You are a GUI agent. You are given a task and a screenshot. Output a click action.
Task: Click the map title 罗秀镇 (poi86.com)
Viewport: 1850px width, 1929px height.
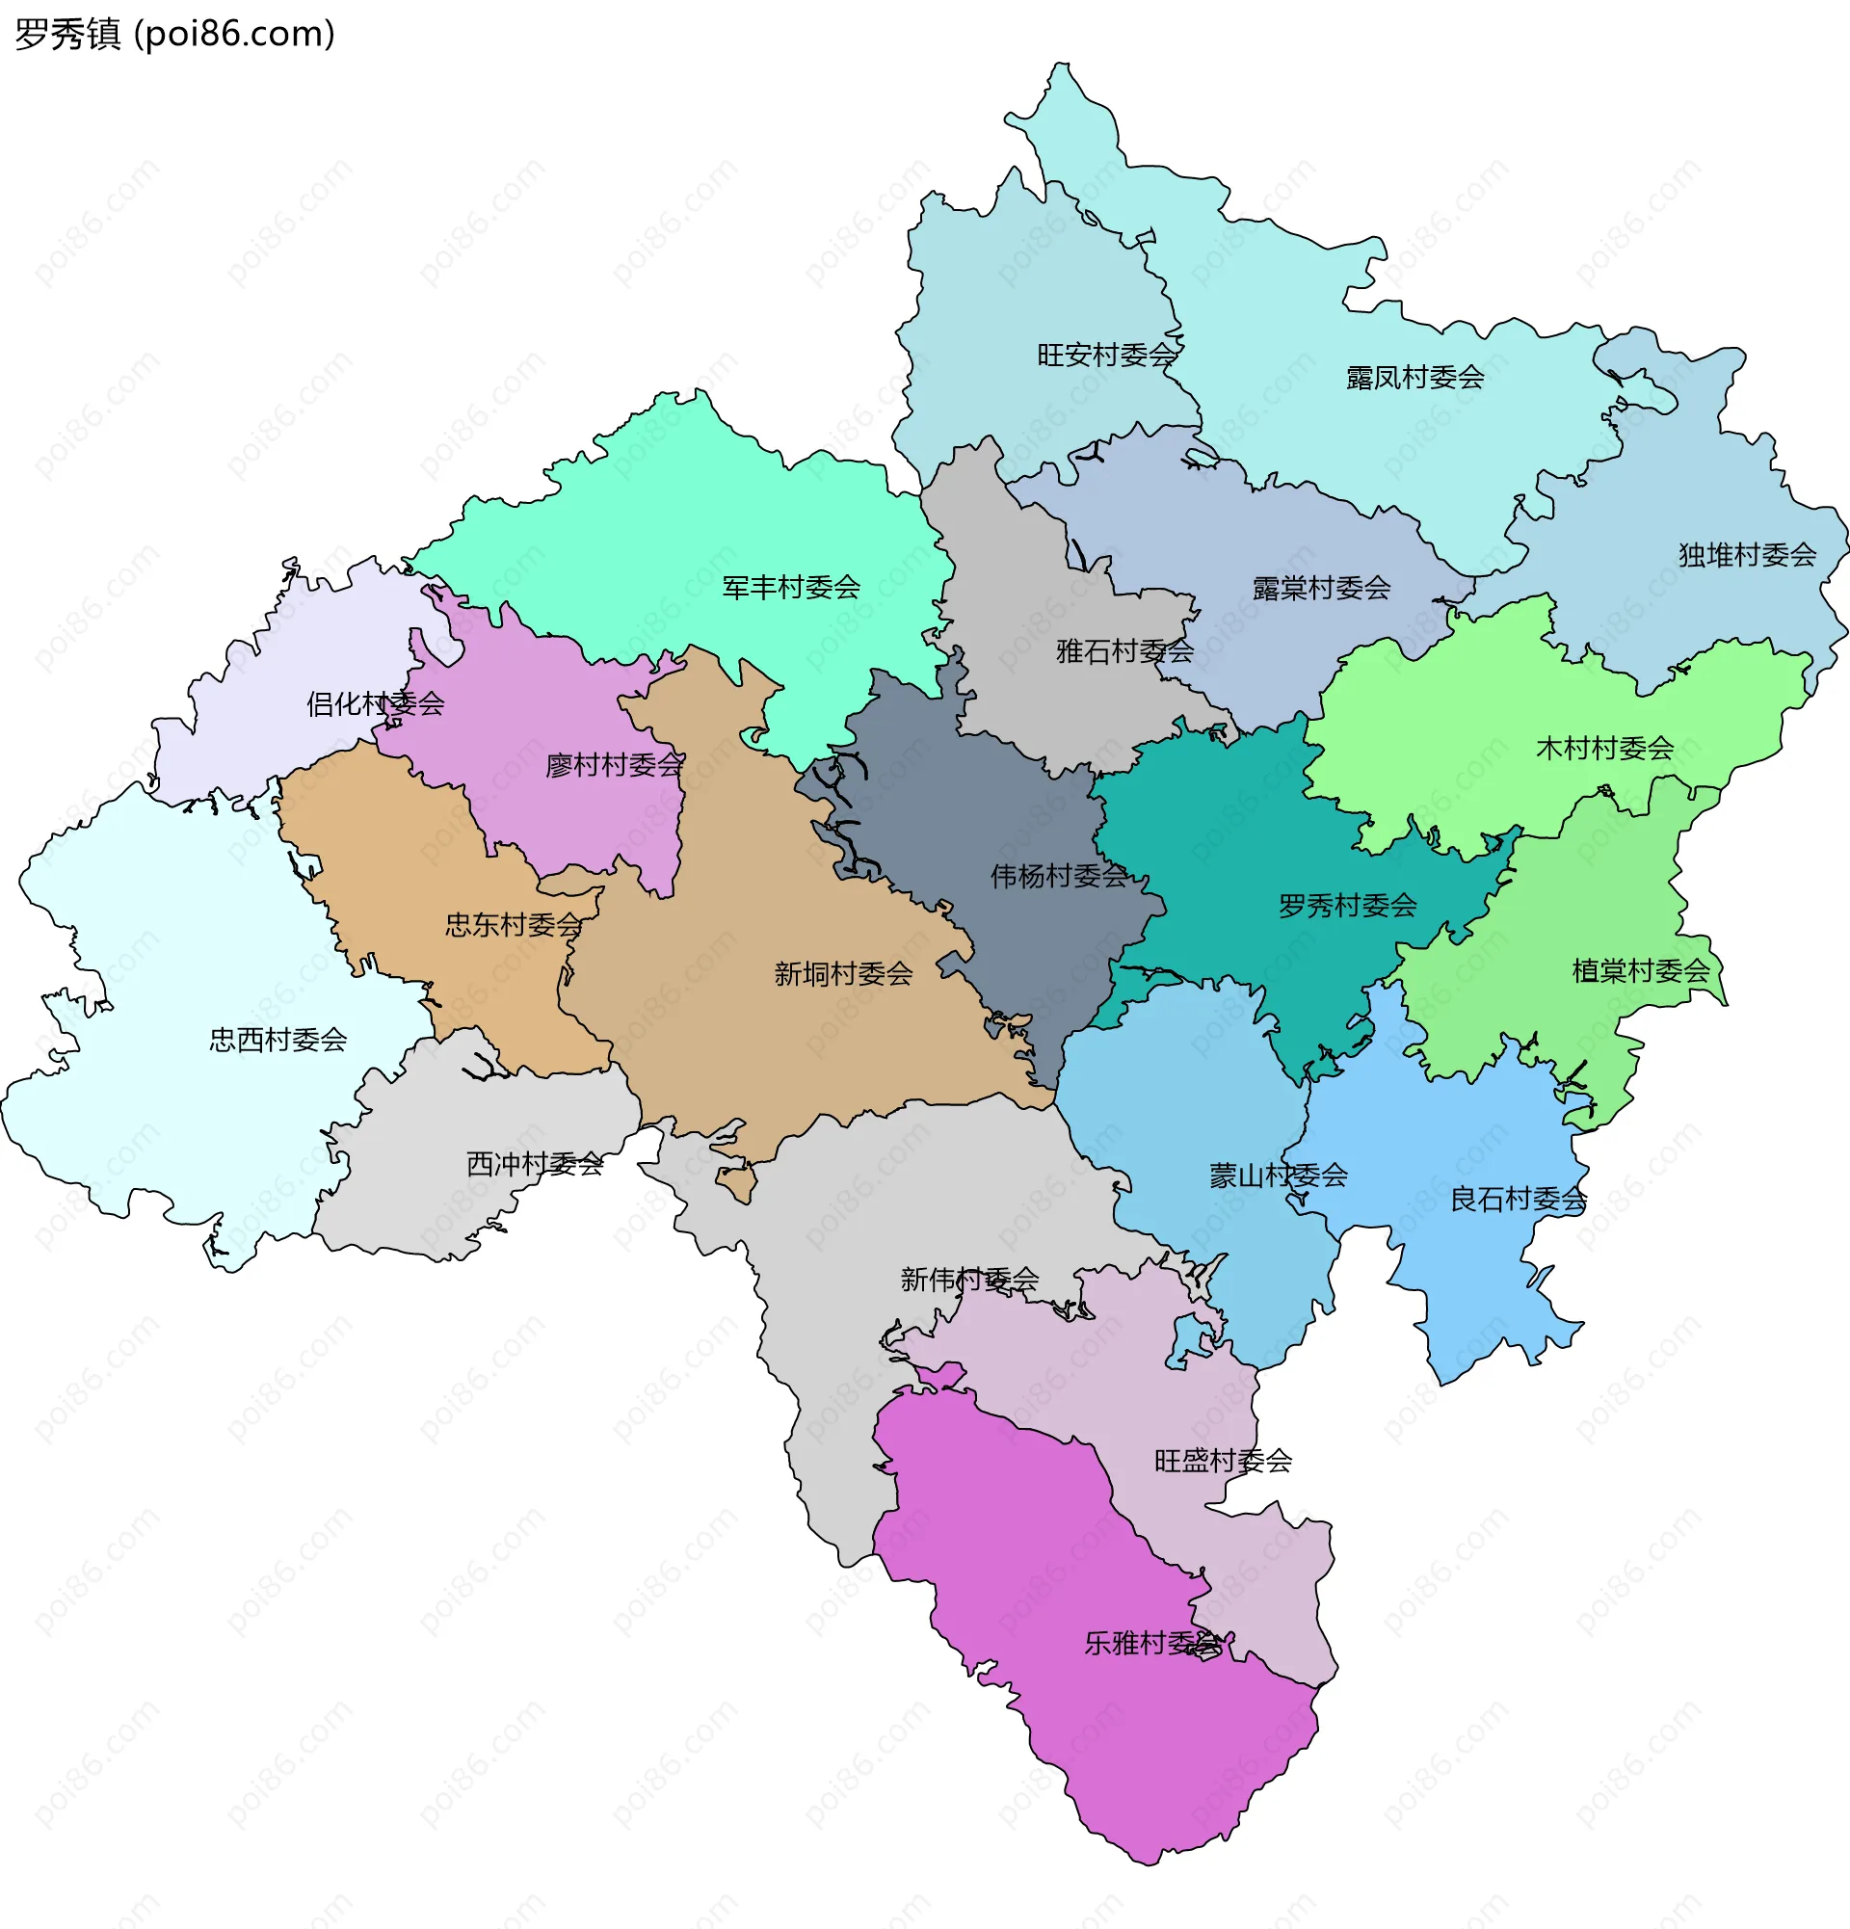[x=175, y=35]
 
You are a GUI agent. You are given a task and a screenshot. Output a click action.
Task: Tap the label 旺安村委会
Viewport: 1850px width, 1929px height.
[x=1106, y=355]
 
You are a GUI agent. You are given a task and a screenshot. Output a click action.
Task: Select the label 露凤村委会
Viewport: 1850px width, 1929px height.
[x=1415, y=377]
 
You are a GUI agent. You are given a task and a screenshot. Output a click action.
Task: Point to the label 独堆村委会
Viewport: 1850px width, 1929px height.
[x=1747, y=555]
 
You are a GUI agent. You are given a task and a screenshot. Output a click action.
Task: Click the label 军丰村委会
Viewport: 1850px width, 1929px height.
[x=791, y=588]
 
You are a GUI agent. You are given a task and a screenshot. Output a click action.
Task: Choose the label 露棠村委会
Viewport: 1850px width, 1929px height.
[x=1321, y=589]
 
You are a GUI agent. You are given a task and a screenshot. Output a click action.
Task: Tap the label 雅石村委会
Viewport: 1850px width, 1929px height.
[x=1124, y=650]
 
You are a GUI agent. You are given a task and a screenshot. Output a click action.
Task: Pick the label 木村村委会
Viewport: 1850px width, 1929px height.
[x=1605, y=748]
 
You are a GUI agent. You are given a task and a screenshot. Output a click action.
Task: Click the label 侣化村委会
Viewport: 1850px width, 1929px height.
[x=375, y=703]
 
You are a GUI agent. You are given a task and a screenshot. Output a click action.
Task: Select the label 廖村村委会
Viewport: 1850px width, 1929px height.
[x=614, y=765]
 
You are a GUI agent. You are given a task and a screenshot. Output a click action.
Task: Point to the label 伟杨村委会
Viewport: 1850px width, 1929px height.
[x=1059, y=876]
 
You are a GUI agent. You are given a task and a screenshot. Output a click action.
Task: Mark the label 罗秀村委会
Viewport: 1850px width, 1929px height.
[x=1347, y=906]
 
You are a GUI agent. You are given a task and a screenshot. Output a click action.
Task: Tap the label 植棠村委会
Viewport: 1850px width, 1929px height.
[x=1640, y=971]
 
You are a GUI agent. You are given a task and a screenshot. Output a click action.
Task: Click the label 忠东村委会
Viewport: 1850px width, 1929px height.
[x=514, y=924]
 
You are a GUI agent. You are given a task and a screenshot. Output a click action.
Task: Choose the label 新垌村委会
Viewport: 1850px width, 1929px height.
[x=843, y=974]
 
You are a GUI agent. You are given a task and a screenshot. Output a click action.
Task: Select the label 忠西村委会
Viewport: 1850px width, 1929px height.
[x=277, y=1040]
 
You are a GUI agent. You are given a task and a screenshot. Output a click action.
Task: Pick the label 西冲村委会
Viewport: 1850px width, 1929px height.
[x=535, y=1164]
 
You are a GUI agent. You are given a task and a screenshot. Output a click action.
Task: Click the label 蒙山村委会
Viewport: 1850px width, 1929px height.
[x=1278, y=1176]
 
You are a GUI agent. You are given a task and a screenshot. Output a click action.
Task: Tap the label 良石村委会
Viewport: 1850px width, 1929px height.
[x=1519, y=1199]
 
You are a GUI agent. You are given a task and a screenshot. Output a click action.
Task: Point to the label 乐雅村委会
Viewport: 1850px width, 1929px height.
[x=1152, y=1643]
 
